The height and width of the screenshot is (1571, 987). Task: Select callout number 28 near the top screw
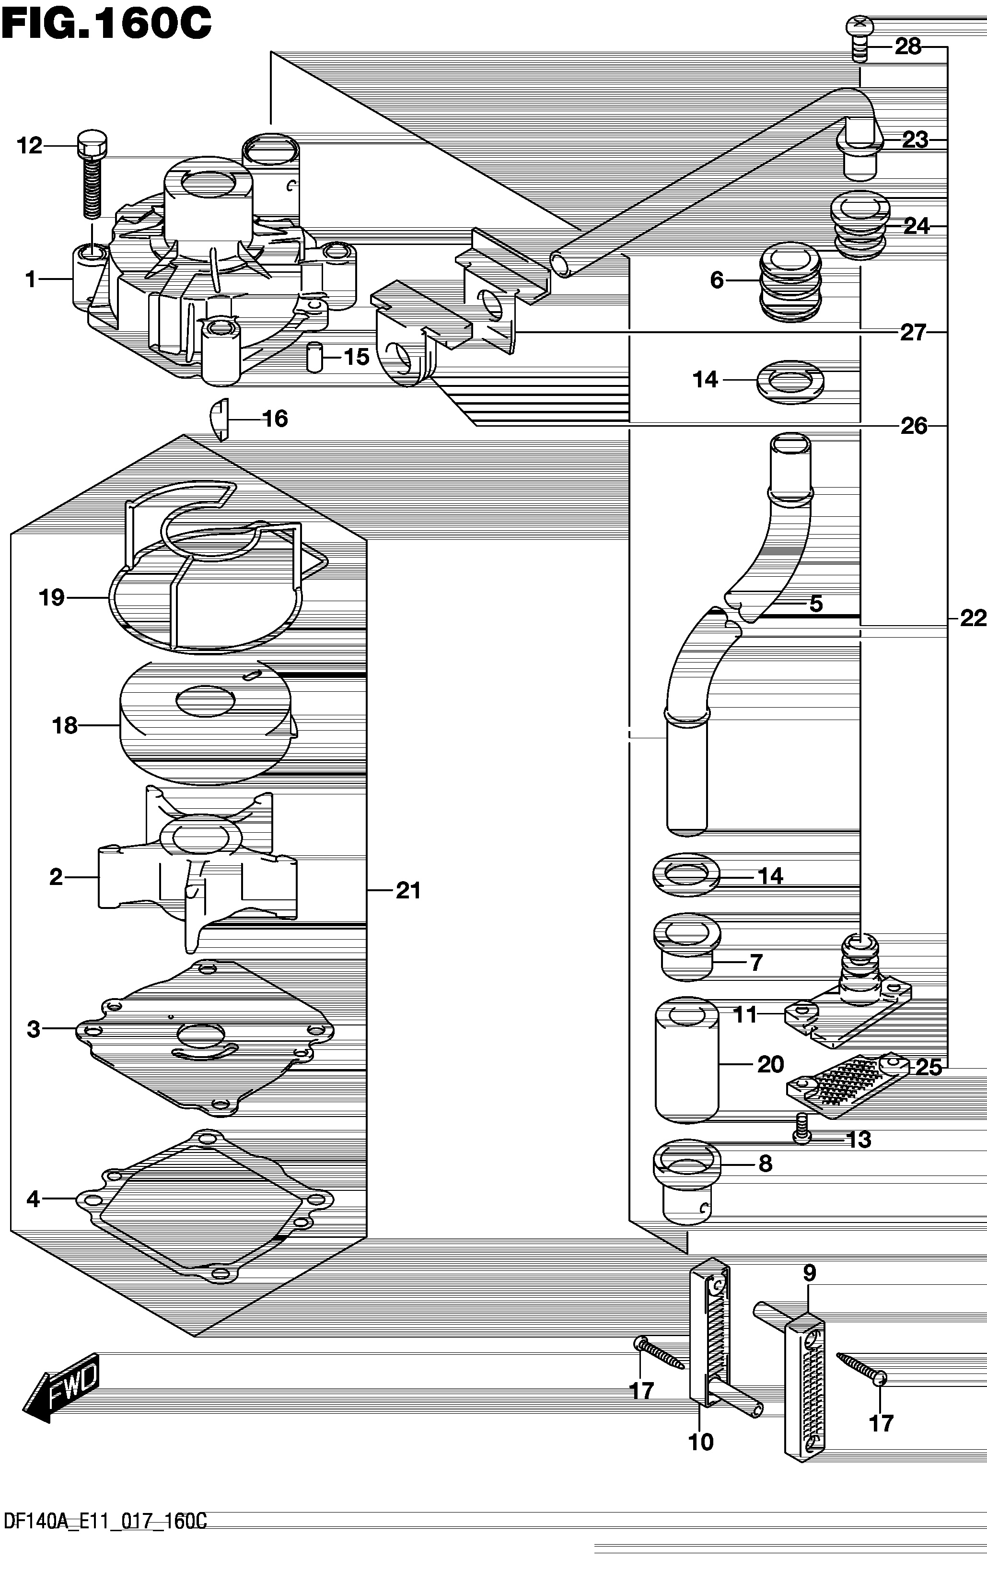tap(907, 47)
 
